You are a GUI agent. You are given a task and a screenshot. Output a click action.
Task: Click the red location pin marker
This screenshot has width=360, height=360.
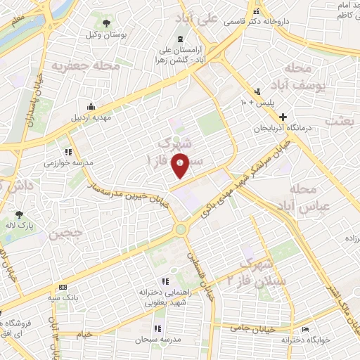[181, 166]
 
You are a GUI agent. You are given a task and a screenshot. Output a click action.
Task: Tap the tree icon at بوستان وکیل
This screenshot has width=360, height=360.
[106, 22]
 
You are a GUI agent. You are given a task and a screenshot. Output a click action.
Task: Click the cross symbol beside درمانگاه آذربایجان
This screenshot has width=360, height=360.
[283, 117]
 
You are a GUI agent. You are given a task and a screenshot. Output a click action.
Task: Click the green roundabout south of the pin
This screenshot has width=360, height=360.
[181, 228]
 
